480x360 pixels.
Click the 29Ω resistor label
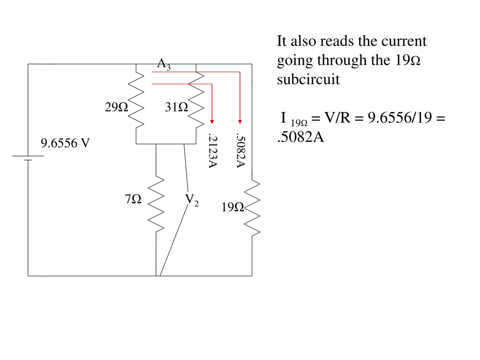116,108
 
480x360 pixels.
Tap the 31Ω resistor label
176,108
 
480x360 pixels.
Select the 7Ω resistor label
133,200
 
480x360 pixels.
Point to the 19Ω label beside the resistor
232,207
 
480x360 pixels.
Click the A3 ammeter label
164,64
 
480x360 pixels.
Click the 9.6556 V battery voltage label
65,143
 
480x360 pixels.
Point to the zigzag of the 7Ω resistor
156,204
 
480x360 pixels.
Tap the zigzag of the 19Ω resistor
252,207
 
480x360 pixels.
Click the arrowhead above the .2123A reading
212,120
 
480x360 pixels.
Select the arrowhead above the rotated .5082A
240,120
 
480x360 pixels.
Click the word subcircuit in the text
308,80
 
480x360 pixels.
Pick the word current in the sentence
404,41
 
